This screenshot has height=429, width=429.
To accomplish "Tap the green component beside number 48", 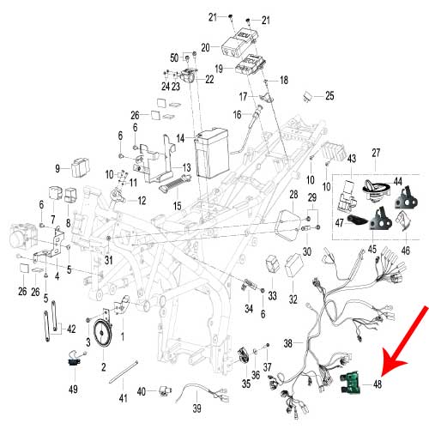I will point(352,386).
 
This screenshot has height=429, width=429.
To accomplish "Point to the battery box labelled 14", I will point(211,154).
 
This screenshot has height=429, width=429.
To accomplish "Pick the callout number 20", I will point(205,47).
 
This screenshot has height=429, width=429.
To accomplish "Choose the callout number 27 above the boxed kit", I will point(374,154).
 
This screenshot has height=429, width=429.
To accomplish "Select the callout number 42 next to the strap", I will point(70,328).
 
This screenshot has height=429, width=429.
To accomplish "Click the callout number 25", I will point(329,95).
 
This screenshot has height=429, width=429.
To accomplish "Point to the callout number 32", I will point(293,299).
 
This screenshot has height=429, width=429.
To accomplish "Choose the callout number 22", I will point(209,79).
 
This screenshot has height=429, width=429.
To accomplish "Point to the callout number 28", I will point(293,196).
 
